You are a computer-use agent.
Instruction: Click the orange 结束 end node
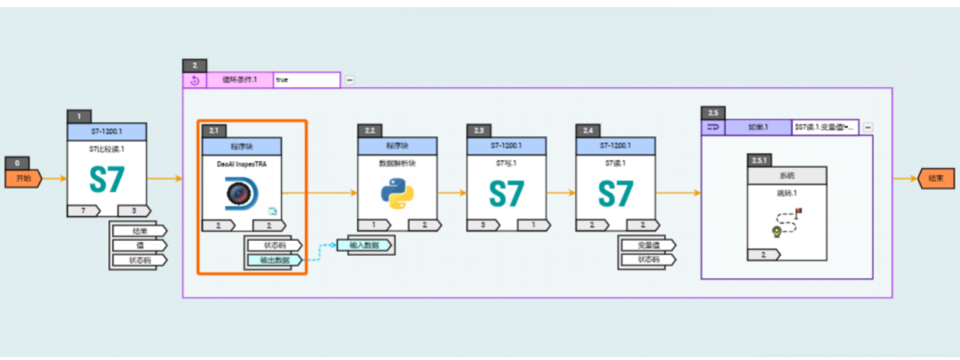[x=936, y=178]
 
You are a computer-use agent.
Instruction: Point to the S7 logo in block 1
[x=107, y=180]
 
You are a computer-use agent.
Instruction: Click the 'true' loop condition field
[x=306, y=80]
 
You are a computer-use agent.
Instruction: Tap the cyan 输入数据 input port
[x=364, y=244]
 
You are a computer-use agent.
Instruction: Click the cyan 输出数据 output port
[x=276, y=260]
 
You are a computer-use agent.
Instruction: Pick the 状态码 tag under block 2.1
[x=275, y=244]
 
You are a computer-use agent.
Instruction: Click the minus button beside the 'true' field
[x=349, y=80]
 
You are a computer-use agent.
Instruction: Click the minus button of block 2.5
[x=868, y=127]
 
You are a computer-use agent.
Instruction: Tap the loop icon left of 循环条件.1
[x=194, y=80]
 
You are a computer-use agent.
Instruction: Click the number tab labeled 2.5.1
[x=761, y=159]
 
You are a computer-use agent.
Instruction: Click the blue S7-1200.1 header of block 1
[x=107, y=130]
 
